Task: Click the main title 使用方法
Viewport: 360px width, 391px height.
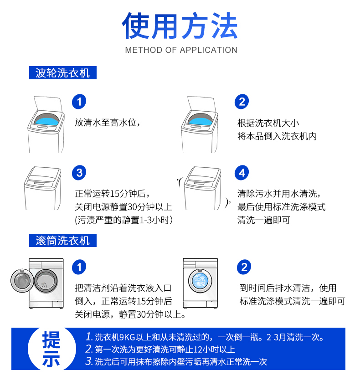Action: tap(180, 26)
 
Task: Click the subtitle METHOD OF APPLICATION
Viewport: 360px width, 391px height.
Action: tap(181, 50)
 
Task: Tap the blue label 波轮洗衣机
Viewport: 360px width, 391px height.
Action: tap(62, 73)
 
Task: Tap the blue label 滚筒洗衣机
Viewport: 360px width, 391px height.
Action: tap(62, 241)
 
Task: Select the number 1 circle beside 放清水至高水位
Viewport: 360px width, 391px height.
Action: tap(79, 102)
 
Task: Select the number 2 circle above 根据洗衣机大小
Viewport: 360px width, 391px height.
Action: tap(242, 102)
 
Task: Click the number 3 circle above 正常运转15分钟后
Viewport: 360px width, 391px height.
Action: tap(79, 173)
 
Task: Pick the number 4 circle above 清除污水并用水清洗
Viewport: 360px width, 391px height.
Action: tap(242, 173)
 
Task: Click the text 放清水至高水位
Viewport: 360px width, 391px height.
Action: tap(107, 123)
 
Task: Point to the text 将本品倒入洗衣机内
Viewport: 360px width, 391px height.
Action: tap(277, 136)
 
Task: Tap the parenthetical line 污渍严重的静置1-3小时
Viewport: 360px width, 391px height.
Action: tap(123, 220)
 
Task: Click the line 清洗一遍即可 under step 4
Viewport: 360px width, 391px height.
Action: tap(263, 220)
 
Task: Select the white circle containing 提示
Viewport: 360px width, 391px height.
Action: tap(51, 349)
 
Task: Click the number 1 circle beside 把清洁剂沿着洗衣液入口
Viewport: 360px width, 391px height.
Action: tap(79, 267)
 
